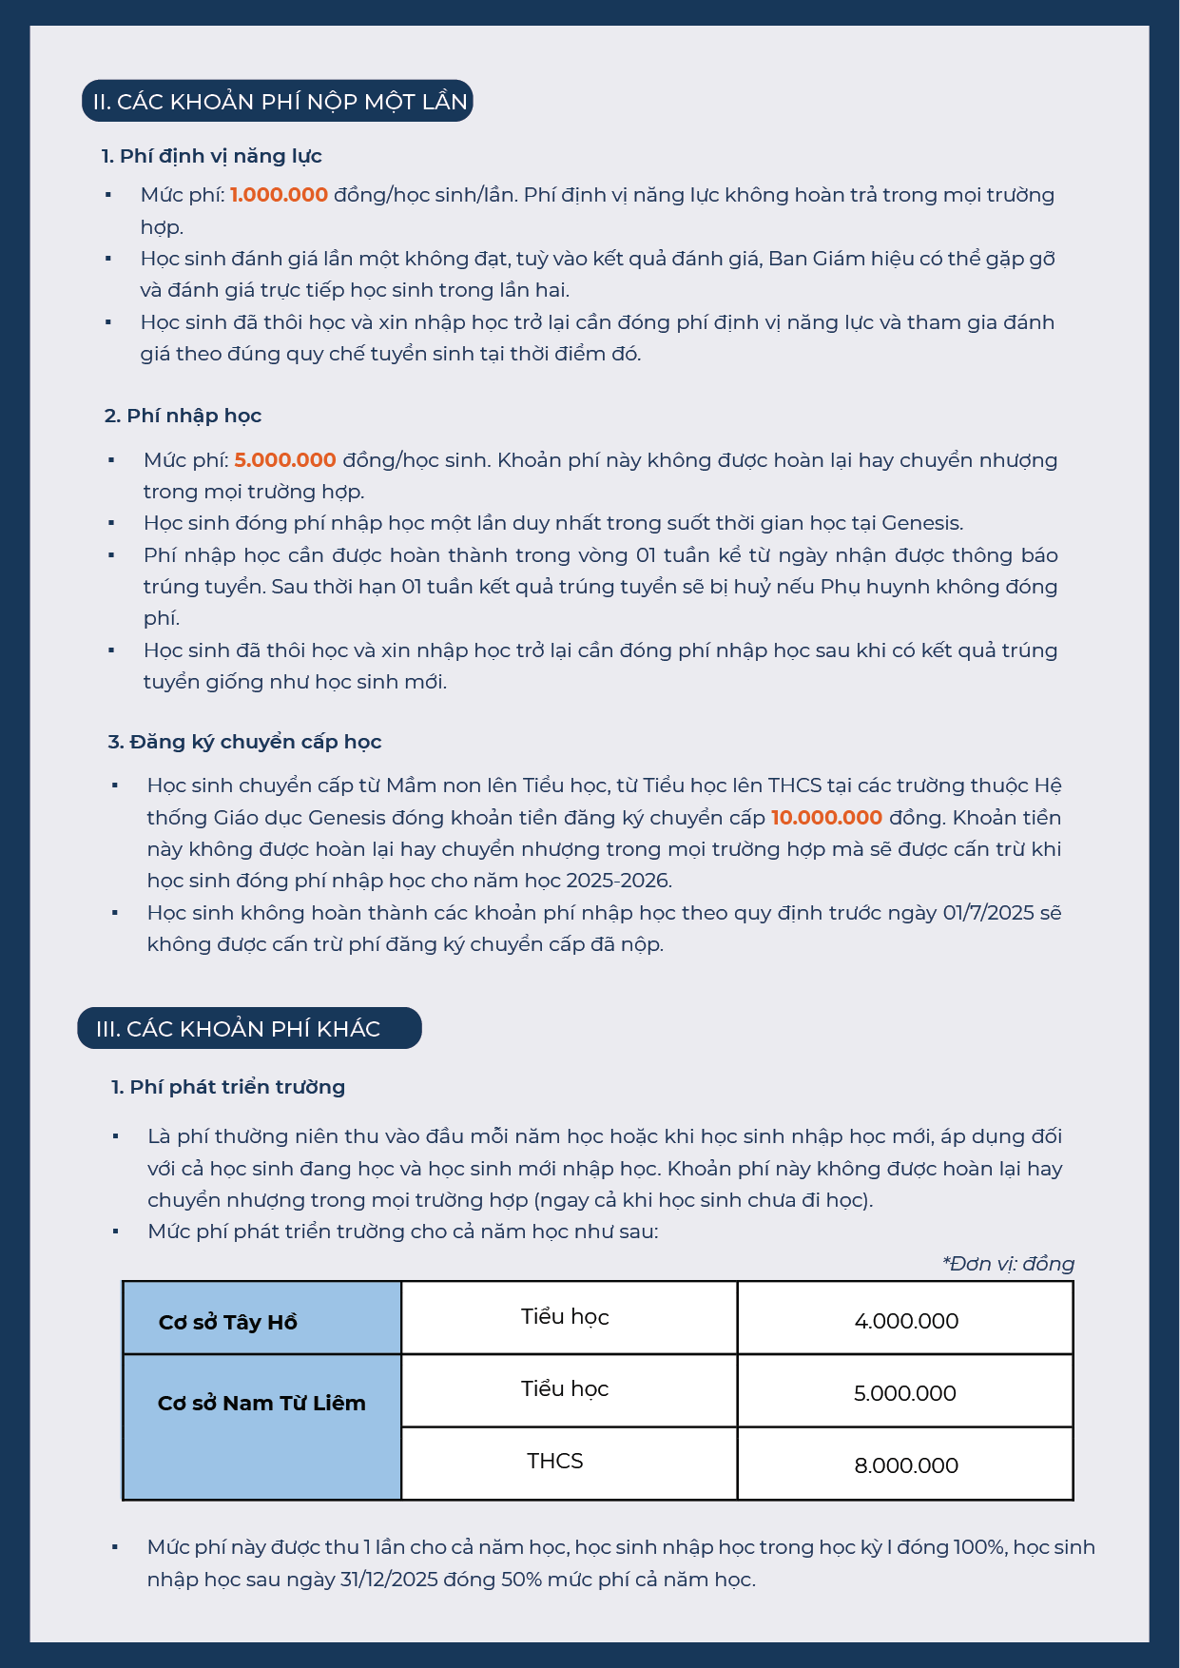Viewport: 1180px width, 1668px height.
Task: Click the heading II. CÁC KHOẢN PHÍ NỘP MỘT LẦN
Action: pos(278,102)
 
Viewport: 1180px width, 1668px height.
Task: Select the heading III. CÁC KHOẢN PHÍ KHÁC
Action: pos(239,1029)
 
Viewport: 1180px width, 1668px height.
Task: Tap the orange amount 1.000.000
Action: pos(279,195)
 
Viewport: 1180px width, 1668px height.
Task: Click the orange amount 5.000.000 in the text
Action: pos(285,460)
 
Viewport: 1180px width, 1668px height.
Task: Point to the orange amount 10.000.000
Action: pos(826,818)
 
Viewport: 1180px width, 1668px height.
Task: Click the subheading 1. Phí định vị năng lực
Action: pos(212,156)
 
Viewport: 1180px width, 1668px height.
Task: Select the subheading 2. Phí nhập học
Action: pos(184,416)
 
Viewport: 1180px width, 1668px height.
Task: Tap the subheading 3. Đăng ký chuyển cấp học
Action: pos(244,742)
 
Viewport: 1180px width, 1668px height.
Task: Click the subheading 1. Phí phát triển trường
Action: pos(228,1087)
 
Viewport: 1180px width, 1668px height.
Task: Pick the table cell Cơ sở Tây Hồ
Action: pos(228,1322)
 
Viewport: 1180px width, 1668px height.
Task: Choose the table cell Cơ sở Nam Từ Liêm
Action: pos(261,1404)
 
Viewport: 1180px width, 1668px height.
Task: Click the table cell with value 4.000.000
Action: pos(906,1321)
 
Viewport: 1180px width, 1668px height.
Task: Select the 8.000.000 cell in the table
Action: pos(906,1465)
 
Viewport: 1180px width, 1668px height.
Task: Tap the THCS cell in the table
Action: pos(555,1462)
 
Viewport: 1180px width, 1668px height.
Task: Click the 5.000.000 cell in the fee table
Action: pos(905,1393)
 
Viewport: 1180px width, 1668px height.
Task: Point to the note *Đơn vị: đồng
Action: pos(1008,1264)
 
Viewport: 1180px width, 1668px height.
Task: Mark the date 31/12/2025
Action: pos(389,1580)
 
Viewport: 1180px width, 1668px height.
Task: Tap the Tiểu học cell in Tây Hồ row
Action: pos(565,1317)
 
